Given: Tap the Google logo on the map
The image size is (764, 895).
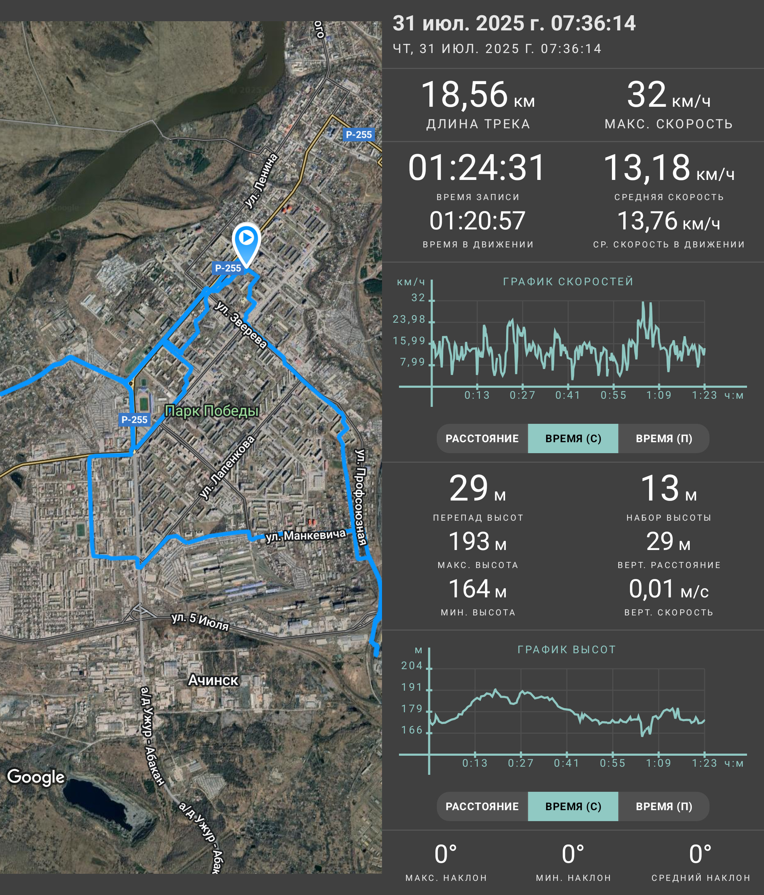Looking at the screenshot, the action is coord(36,777).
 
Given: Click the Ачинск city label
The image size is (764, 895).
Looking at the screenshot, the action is coord(213,680).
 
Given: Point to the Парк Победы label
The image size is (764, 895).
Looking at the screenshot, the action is coord(212,411).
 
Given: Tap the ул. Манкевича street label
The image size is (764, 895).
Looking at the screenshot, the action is coord(306,535).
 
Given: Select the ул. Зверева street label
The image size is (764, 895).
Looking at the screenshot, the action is coord(241,324).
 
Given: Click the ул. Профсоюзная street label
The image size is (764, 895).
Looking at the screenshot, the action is coord(361,497).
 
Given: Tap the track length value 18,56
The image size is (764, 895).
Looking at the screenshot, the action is coord(464,95).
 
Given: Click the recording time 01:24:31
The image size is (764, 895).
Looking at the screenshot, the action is coord(477,168).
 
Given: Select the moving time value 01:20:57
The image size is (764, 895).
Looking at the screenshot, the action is coord(477,221).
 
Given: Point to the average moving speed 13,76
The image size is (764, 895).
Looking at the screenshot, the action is coord(647,221).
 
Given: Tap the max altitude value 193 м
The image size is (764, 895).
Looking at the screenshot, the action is coord(477,541).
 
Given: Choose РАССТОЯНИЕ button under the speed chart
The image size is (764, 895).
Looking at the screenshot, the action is coord(482,438).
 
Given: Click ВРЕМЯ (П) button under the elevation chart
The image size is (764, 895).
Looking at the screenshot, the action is coord(664,806).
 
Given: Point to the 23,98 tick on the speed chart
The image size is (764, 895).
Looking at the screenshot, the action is coord(409,319).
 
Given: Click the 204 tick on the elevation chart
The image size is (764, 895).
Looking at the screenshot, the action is coord(412,666).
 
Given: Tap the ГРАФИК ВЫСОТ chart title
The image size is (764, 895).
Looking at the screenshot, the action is coord(567,650).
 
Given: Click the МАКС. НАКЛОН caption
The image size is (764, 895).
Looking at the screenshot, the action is coord(446,878).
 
